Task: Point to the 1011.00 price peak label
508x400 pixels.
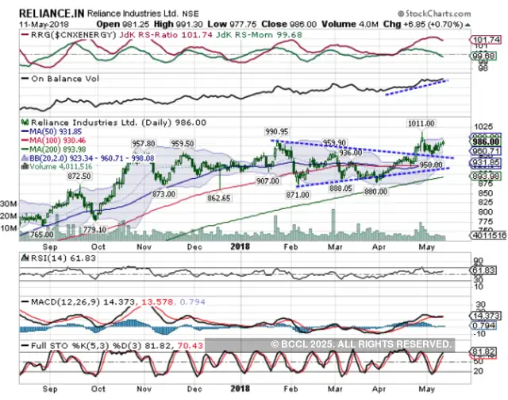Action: [x=421, y=124]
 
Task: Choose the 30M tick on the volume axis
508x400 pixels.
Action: [x=10, y=204]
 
